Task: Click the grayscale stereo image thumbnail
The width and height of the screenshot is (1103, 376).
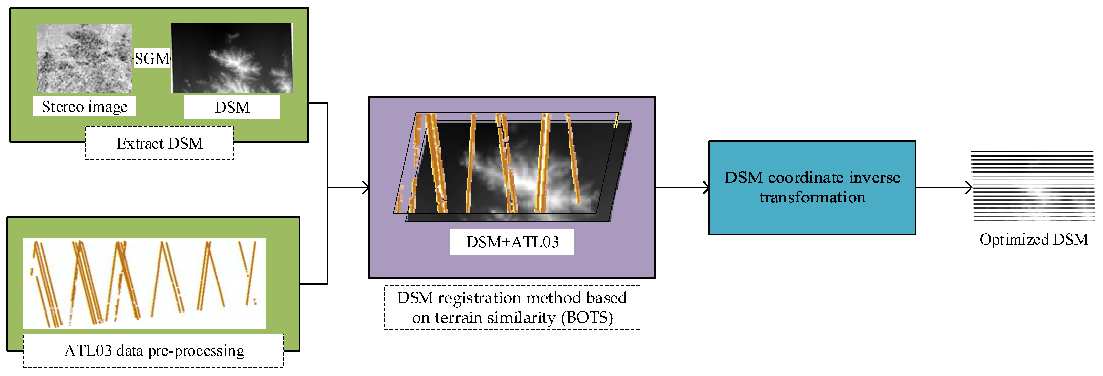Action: point(84,58)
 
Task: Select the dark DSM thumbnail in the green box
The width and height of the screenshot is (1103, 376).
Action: point(232,58)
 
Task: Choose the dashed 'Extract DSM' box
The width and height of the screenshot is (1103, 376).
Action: point(159,143)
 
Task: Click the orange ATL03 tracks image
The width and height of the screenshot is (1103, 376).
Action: point(144,283)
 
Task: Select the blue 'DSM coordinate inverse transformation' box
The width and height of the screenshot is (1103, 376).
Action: point(812,187)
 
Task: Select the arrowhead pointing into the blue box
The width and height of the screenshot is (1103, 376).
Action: point(706,187)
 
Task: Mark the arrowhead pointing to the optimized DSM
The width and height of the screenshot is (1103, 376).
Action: point(968,187)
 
